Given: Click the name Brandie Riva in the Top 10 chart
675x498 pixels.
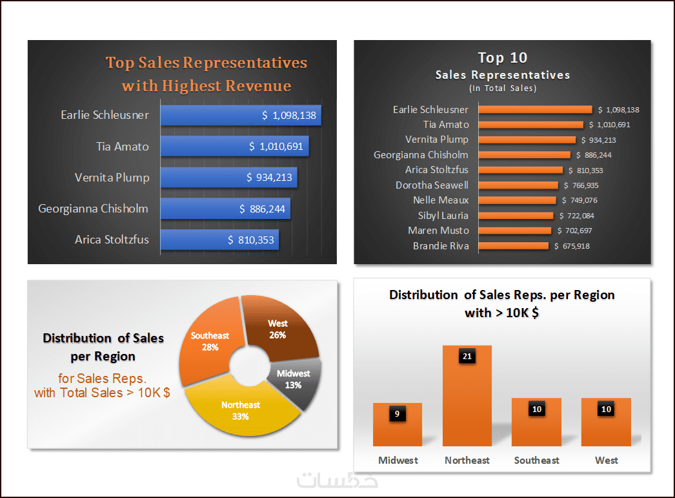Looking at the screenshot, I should pyautogui.click(x=441, y=246).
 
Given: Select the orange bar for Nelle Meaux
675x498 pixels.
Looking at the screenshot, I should pyautogui.click(x=517, y=200).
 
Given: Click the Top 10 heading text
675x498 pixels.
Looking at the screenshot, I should pyautogui.click(x=502, y=57).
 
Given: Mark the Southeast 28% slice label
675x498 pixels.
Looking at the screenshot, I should pyautogui.click(x=210, y=341).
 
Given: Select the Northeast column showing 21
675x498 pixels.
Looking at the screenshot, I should pyautogui.click(x=467, y=400).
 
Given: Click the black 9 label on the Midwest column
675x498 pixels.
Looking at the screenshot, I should pyautogui.click(x=397, y=414).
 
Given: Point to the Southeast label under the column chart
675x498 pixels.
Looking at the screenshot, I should pyautogui.click(x=536, y=461).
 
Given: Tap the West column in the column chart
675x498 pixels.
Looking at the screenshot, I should pyautogui.click(x=606, y=426).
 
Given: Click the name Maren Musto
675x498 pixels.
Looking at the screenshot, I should pyautogui.click(x=438, y=231).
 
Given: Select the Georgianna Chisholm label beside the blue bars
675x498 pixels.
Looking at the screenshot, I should pyautogui.click(x=93, y=209).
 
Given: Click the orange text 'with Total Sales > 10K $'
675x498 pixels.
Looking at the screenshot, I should pyautogui.click(x=102, y=392).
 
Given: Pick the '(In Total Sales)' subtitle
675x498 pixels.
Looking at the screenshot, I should pyautogui.click(x=502, y=88).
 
